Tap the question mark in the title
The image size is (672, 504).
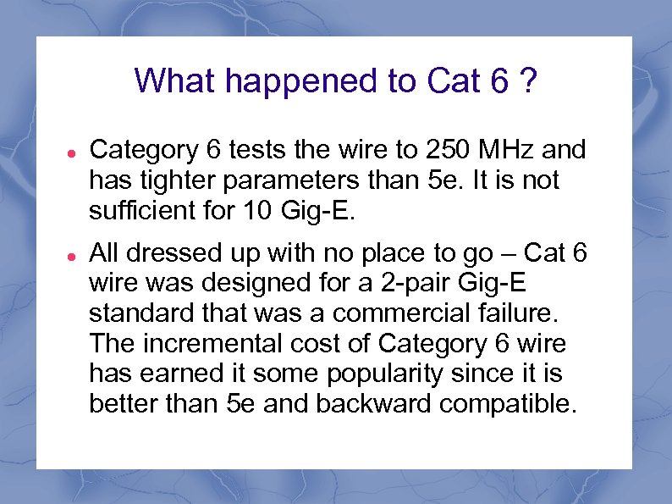point(527,81)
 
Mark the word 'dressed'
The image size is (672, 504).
point(174,252)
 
